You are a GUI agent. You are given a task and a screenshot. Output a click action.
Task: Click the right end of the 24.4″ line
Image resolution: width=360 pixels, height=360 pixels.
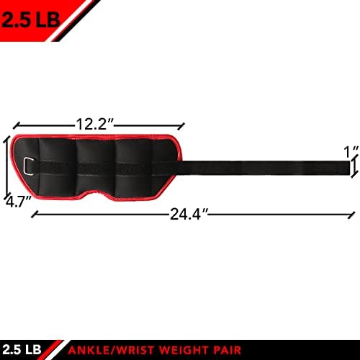pyautogui.click(x=354, y=214)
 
